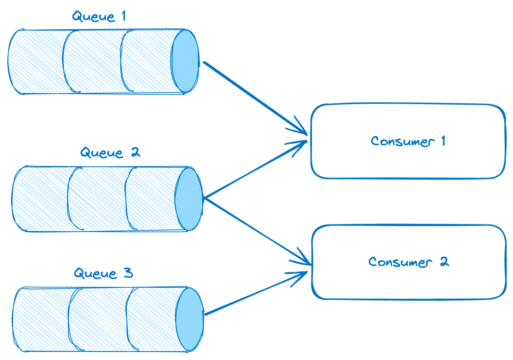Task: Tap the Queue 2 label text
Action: tap(110, 153)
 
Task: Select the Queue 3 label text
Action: tap(104, 274)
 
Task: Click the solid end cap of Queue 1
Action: tap(185, 60)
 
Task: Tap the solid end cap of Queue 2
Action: tap(188, 199)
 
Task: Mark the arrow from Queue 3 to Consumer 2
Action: tap(253, 295)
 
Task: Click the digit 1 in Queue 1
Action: tap(123, 17)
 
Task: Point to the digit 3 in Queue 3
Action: tap(128, 273)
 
